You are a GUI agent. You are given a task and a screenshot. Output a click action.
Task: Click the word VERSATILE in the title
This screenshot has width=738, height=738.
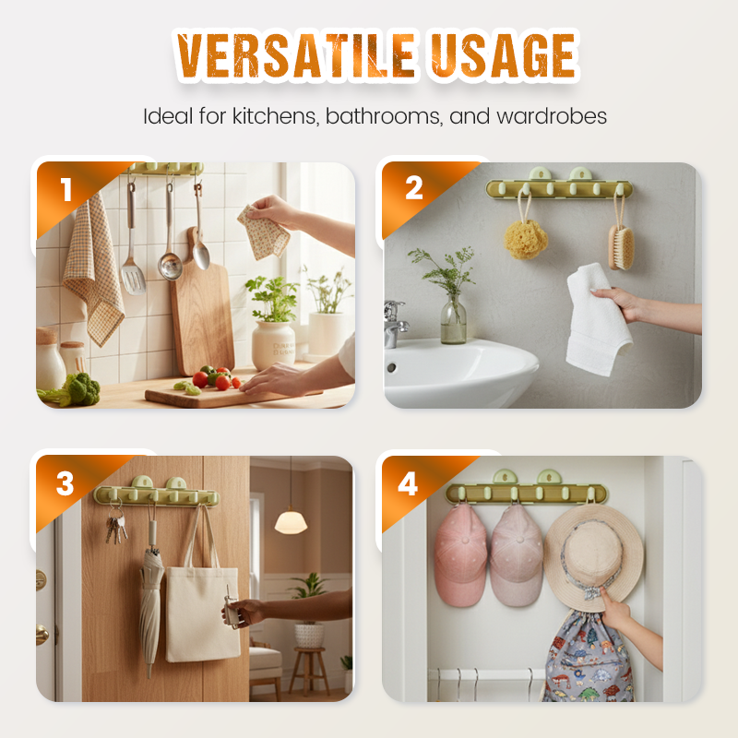(x=295, y=55)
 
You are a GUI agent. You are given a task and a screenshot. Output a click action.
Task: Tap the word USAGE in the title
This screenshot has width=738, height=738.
(x=503, y=55)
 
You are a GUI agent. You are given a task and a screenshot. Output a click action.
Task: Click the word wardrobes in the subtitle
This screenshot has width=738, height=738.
(x=552, y=116)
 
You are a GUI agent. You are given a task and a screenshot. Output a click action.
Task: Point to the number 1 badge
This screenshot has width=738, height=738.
(x=66, y=189)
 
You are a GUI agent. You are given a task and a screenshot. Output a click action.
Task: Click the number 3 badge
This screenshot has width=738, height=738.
(x=65, y=483)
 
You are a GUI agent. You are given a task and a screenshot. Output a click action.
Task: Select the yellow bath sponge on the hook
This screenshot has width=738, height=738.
(x=526, y=239)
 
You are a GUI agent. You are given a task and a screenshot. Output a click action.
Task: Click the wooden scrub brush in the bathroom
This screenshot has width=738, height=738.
(x=621, y=246)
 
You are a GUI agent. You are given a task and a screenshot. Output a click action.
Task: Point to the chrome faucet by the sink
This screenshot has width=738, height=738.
(x=396, y=324)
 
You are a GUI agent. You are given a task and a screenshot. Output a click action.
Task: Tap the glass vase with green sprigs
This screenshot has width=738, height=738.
(x=453, y=319)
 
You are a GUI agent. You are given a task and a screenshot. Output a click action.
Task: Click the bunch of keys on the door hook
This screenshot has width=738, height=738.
(x=116, y=526)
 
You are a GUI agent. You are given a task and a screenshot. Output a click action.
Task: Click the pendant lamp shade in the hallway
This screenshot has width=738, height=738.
(x=291, y=522)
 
